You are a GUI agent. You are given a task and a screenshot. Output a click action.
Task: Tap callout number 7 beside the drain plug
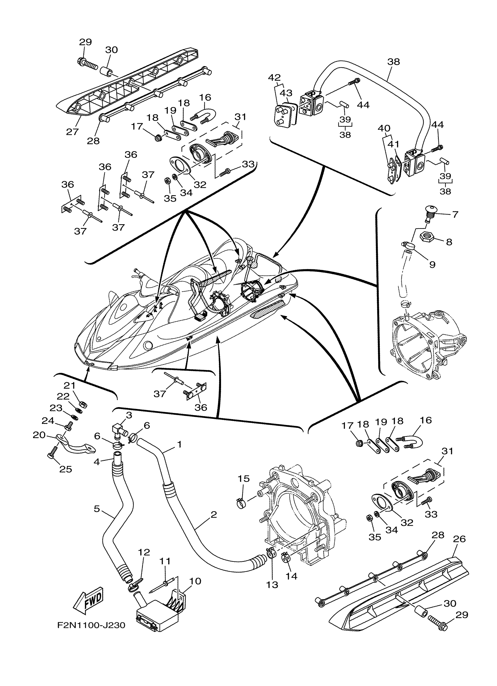click(x=455, y=215)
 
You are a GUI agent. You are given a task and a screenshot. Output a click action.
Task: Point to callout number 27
click(x=72, y=132)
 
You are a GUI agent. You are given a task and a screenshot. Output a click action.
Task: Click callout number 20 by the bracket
click(x=39, y=435)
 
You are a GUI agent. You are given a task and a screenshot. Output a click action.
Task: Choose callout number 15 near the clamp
click(x=244, y=479)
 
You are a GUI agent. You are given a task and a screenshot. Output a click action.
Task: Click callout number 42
click(x=274, y=78)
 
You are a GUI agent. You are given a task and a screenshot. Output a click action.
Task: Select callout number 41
click(x=394, y=144)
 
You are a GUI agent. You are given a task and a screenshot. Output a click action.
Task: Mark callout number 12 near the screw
click(x=144, y=552)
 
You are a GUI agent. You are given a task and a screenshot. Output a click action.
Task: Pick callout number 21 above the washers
click(x=69, y=386)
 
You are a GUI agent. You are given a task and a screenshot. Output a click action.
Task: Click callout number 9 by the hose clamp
click(x=432, y=264)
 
